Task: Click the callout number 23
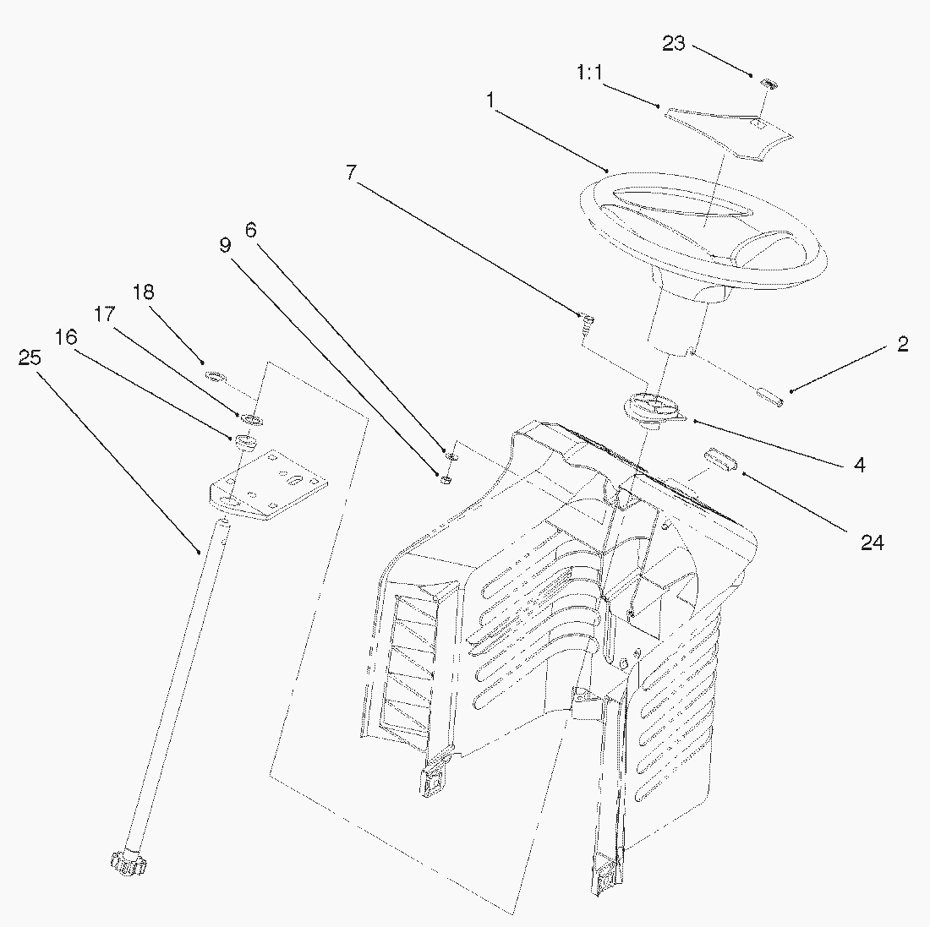point(673,43)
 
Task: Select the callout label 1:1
point(589,73)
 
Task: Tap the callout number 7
point(351,172)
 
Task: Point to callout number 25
point(30,357)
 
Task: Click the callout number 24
point(872,543)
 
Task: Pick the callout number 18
point(143,292)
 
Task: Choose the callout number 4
point(860,465)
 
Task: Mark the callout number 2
point(903,345)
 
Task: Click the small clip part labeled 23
point(768,84)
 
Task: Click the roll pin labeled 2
point(769,396)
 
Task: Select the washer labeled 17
point(252,420)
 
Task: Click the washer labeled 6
point(451,457)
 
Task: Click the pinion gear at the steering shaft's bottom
point(128,863)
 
